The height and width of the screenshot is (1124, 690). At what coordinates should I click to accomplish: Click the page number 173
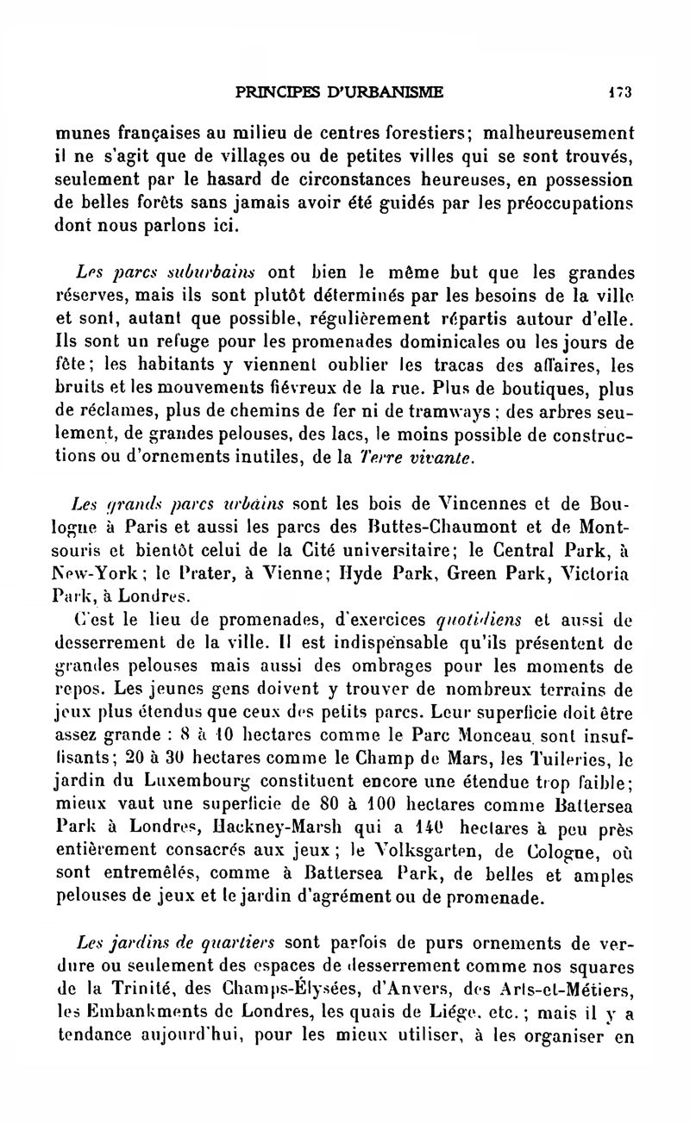(619, 89)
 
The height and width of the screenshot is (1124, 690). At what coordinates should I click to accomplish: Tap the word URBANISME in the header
(392, 89)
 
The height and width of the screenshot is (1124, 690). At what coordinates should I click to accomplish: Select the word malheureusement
(558, 134)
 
